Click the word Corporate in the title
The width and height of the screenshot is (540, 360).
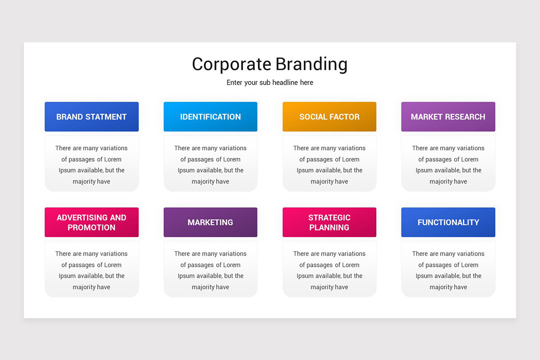(231, 64)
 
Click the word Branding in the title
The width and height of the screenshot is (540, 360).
(311, 64)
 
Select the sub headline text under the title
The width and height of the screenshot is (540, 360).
(270, 83)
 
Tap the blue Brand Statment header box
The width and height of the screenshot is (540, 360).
(91, 117)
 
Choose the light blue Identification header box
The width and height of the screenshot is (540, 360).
(210, 117)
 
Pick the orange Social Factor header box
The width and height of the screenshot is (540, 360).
(329, 117)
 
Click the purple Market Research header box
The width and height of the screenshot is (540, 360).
(448, 117)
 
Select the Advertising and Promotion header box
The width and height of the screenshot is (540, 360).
(91, 222)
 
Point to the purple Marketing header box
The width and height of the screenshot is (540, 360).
(210, 222)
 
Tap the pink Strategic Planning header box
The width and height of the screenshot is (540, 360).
(329, 222)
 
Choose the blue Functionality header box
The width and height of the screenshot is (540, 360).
(448, 222)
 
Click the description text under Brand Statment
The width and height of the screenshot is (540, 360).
(91, 165)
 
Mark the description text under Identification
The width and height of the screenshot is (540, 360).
(210, 165)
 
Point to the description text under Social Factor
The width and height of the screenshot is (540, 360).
(329, 165)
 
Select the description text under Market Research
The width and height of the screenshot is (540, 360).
(448, 165)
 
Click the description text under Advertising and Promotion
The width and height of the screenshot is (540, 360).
(91, 270)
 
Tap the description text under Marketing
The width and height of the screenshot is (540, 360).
(210, 270)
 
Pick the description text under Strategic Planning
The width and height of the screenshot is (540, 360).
(329, 270)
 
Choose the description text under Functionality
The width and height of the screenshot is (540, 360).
(448, 270)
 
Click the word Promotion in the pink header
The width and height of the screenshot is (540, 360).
(91, 228)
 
